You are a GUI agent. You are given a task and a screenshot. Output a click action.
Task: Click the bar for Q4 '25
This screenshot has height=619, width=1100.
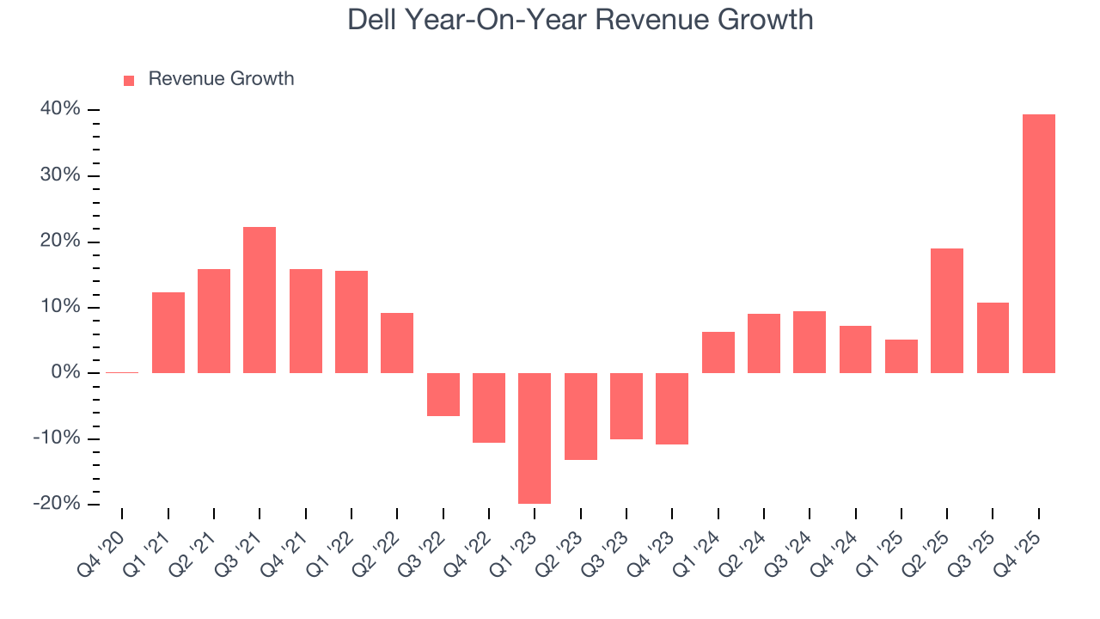[1038, 243]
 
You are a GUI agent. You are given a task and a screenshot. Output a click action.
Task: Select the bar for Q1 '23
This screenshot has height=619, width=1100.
[535, 438]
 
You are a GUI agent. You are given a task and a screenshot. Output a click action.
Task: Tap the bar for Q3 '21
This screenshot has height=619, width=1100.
[260, 299]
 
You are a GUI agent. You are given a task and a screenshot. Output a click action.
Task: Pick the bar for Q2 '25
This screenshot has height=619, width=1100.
[946, 310]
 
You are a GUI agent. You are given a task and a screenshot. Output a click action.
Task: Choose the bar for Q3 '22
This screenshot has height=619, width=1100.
[443, 394]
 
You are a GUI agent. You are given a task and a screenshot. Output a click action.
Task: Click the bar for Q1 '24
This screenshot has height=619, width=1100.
[718, 352]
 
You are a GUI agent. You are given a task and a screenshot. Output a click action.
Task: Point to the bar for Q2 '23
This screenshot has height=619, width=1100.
[580, 416]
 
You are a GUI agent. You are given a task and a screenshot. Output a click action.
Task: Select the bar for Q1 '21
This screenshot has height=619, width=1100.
[168, 332]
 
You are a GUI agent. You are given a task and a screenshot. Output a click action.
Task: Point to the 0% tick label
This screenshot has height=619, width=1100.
[65, 372]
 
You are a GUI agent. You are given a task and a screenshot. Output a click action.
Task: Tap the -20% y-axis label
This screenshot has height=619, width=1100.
[57, 504]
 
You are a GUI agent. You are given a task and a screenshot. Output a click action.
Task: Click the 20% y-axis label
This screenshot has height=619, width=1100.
[60, 242]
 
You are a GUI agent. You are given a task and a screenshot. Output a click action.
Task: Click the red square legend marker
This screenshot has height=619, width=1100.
[129, 80]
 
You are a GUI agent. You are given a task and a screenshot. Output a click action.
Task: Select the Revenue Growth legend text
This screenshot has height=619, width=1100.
[221, 79]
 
